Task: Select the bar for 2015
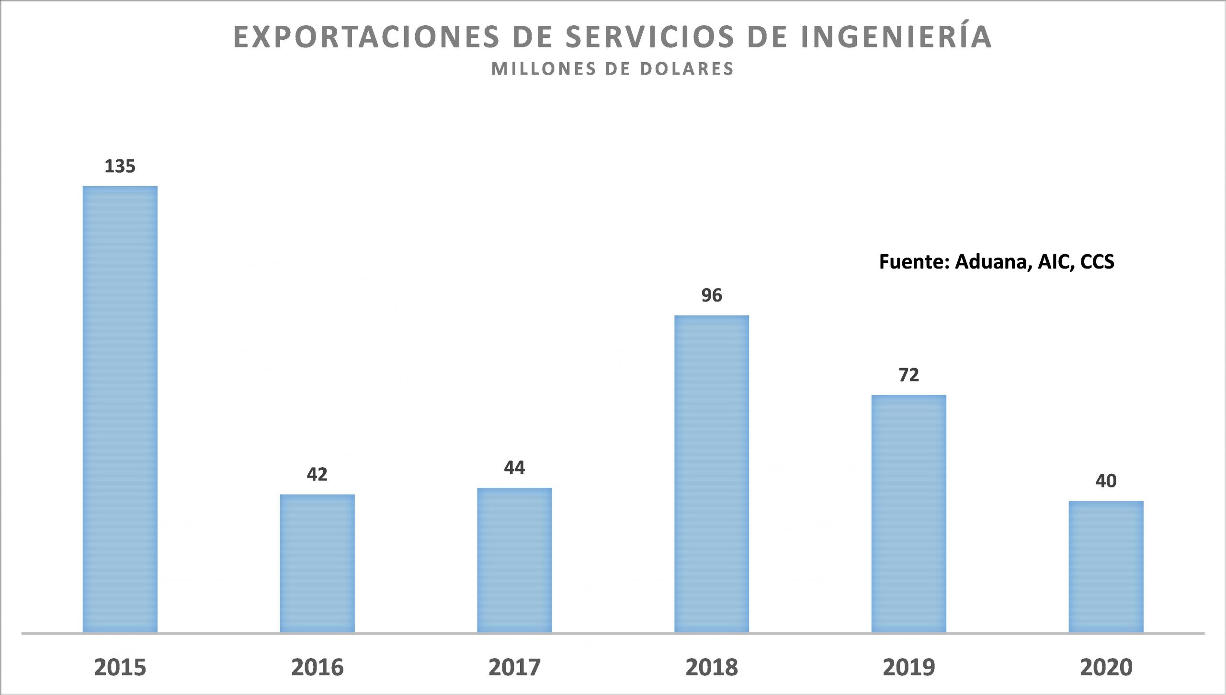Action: (x=120, y=409)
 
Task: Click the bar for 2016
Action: (x=317, y=563)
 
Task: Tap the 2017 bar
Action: (x=514, y=560)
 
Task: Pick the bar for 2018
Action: (x=712, y=474)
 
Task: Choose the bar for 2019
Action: (x=909, y=514)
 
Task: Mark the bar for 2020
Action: (x=1106, y=567)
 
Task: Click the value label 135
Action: (x=120, y=167)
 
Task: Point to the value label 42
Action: (x=317, y=474)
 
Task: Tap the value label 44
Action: (x=514, y=468)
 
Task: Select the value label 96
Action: (x=712, y=295)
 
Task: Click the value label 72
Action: (x=909, y=375)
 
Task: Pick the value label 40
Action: (x=1106, y=481)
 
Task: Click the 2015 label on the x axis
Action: (x=120, y=667)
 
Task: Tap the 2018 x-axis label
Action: (x=712, y=667)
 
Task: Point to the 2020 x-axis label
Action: (x=1106, y=667)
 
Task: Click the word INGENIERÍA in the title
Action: (x=896, y=36)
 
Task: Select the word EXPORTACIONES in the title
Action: (x=366, y=37)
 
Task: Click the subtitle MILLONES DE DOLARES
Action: (x=613, y=69)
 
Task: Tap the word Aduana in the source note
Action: (x=993, y=262)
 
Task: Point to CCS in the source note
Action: (x=1097, y=262)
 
